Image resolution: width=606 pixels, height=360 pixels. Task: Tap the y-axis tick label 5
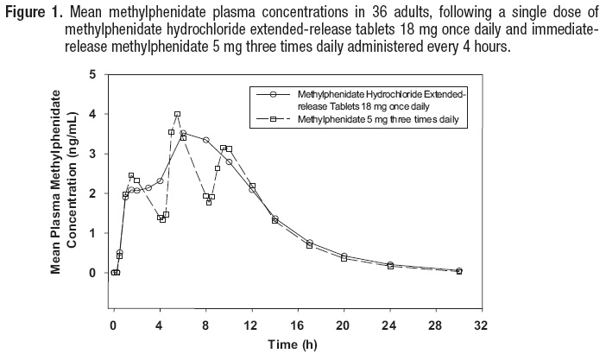[x=93, y=74]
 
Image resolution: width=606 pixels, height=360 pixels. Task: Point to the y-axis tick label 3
[x=93, y=154]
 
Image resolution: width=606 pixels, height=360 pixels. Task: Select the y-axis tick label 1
[x=93, y=233]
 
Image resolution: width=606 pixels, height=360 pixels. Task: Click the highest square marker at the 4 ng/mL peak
[x=177, y=114]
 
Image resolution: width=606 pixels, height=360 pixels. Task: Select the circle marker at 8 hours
[x=205, y=140]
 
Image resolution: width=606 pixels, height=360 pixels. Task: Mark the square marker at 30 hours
[x=459, y=271]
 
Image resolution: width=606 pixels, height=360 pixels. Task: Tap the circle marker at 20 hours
[x=344, y=256]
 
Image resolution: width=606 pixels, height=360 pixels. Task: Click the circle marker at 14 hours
[x=275, y=218]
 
